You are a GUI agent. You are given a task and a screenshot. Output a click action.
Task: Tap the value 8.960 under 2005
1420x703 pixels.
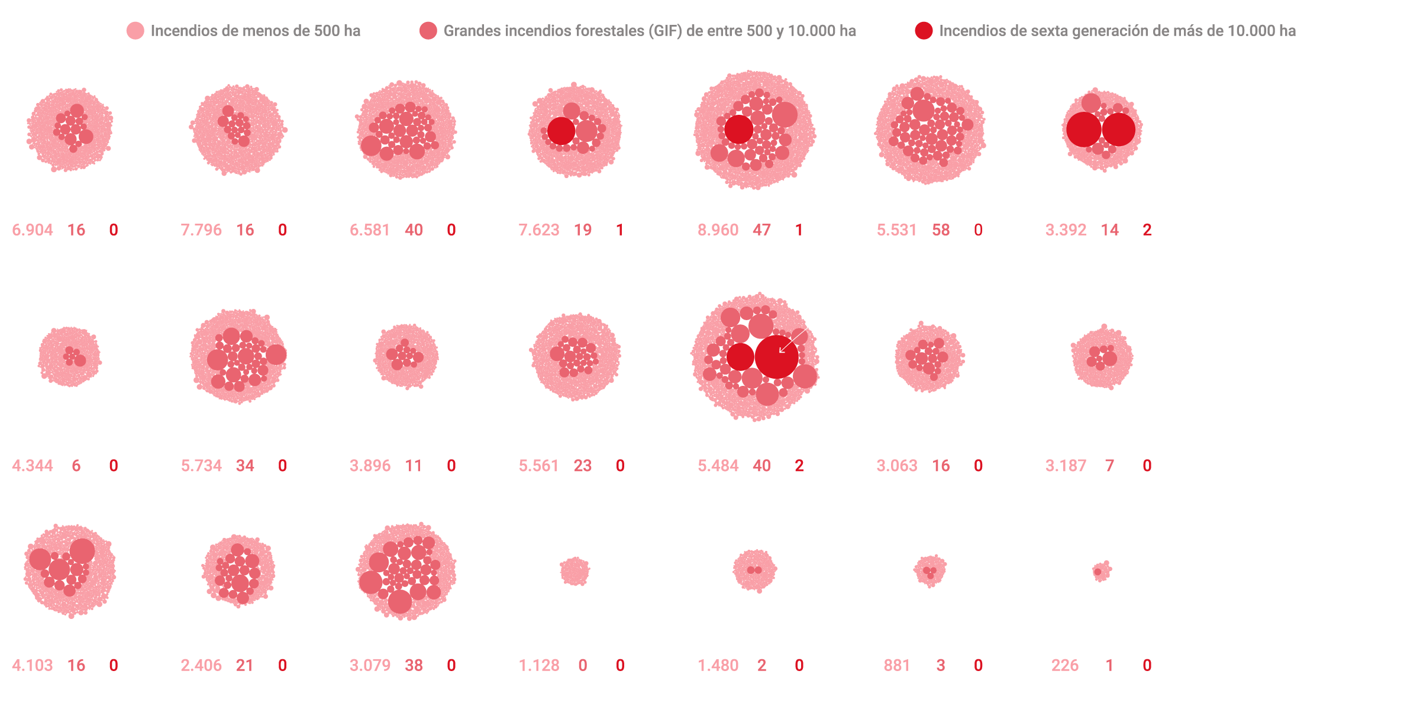[718, 230]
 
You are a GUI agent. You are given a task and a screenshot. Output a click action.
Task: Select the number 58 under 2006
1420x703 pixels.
[941, 230]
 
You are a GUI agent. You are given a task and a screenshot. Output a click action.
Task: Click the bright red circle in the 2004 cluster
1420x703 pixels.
[561, 131]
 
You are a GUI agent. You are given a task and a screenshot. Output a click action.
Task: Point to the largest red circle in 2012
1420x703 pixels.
[776, 357]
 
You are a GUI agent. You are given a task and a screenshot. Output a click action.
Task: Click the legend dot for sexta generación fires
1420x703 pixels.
[924, 31]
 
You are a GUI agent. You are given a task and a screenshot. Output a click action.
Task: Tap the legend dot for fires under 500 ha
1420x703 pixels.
[135, 31]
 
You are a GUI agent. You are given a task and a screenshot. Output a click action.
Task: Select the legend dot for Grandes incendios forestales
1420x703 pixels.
[428, 31]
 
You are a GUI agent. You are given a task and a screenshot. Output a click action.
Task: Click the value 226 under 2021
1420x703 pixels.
[1065, 665]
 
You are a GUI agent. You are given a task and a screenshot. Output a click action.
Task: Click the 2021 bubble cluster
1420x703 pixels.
[1101, 571]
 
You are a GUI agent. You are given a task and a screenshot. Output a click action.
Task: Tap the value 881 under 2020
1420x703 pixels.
[896, 665]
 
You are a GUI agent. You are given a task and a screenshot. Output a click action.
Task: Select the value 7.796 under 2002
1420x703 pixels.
[201, 230]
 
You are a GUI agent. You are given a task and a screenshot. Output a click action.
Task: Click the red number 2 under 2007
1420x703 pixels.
[1147, 230]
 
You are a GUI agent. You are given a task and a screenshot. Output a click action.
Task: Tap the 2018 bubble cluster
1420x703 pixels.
[575, 571]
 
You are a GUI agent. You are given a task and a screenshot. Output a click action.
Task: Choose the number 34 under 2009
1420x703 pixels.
[245, 466]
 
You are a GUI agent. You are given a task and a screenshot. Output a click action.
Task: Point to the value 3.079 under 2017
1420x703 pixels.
[370, 665]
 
